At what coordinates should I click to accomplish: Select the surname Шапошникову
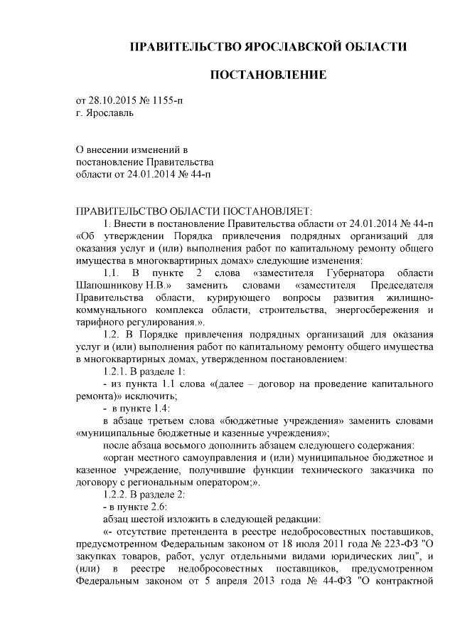coord(109,285)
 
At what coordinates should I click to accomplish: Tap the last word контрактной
coord(405,579)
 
